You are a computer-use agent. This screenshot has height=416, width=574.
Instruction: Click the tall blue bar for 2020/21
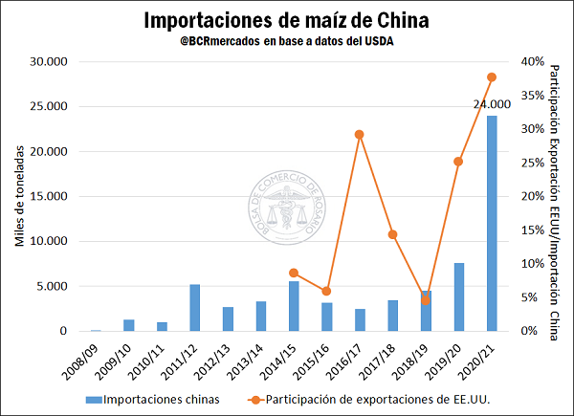tap(491, 225)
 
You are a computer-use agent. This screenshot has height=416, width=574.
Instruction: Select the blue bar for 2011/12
tap(195, 308)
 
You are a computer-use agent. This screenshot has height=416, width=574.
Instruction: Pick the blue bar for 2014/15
tap(294, 306)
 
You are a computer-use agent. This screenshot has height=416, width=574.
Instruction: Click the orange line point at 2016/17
tap(360, 135)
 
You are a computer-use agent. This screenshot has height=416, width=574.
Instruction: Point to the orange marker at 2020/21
tap(492, 77)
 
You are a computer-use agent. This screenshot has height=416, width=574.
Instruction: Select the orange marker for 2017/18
tap(392, 234)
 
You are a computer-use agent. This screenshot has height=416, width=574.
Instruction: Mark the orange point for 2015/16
tap(326, 291)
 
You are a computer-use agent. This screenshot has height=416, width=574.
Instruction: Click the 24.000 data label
tap(492, 104)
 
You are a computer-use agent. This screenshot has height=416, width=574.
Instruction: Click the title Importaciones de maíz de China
tap(286, 20)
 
